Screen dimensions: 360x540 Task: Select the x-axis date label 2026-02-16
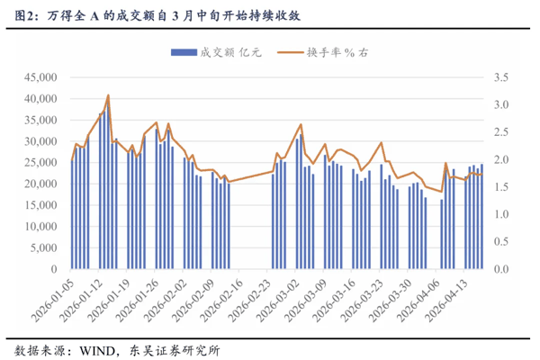click(213, 301)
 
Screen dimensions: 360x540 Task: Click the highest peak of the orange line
click(108, 95)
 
